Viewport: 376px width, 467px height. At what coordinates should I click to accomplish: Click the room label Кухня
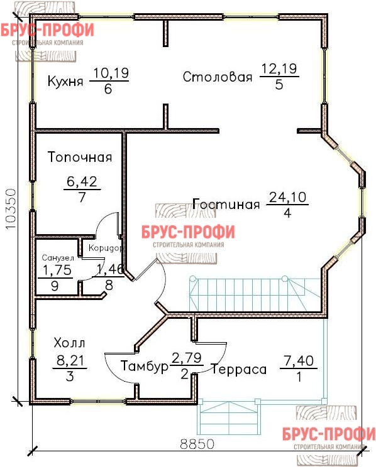pos(65,82)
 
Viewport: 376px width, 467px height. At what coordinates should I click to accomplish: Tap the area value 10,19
pos(111,73)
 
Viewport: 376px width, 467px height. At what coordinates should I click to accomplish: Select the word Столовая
pos(218,77)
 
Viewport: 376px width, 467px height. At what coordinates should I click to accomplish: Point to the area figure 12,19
pos(279,69)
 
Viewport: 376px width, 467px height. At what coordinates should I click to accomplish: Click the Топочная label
pos(80,157)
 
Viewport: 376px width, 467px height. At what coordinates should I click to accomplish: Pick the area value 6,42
pos(82,181)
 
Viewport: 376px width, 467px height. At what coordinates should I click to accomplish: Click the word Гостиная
pos(226,205)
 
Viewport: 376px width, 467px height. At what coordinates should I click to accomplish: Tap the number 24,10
pos(288,197)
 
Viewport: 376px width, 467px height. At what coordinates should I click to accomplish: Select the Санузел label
pos(58,257)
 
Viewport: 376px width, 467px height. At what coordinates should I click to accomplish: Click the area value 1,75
pos(57,270)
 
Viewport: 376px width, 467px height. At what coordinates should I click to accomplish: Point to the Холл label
pos(70,343)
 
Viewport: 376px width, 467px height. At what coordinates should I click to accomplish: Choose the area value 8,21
pos(70,361)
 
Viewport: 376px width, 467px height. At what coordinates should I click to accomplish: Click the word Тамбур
pos(145,366)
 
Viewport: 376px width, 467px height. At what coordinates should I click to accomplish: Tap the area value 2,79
pos(187,358)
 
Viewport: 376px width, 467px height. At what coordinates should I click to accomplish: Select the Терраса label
pos(239,370)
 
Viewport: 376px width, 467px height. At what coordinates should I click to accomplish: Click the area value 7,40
pos(299,361)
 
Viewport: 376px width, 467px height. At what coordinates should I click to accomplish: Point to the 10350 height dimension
pos(11,208)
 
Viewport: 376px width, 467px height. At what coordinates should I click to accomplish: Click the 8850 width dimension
pos(197,444)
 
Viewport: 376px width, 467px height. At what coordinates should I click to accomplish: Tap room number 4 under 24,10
pos(287,213)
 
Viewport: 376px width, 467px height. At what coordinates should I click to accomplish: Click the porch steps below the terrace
pos(229,417)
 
